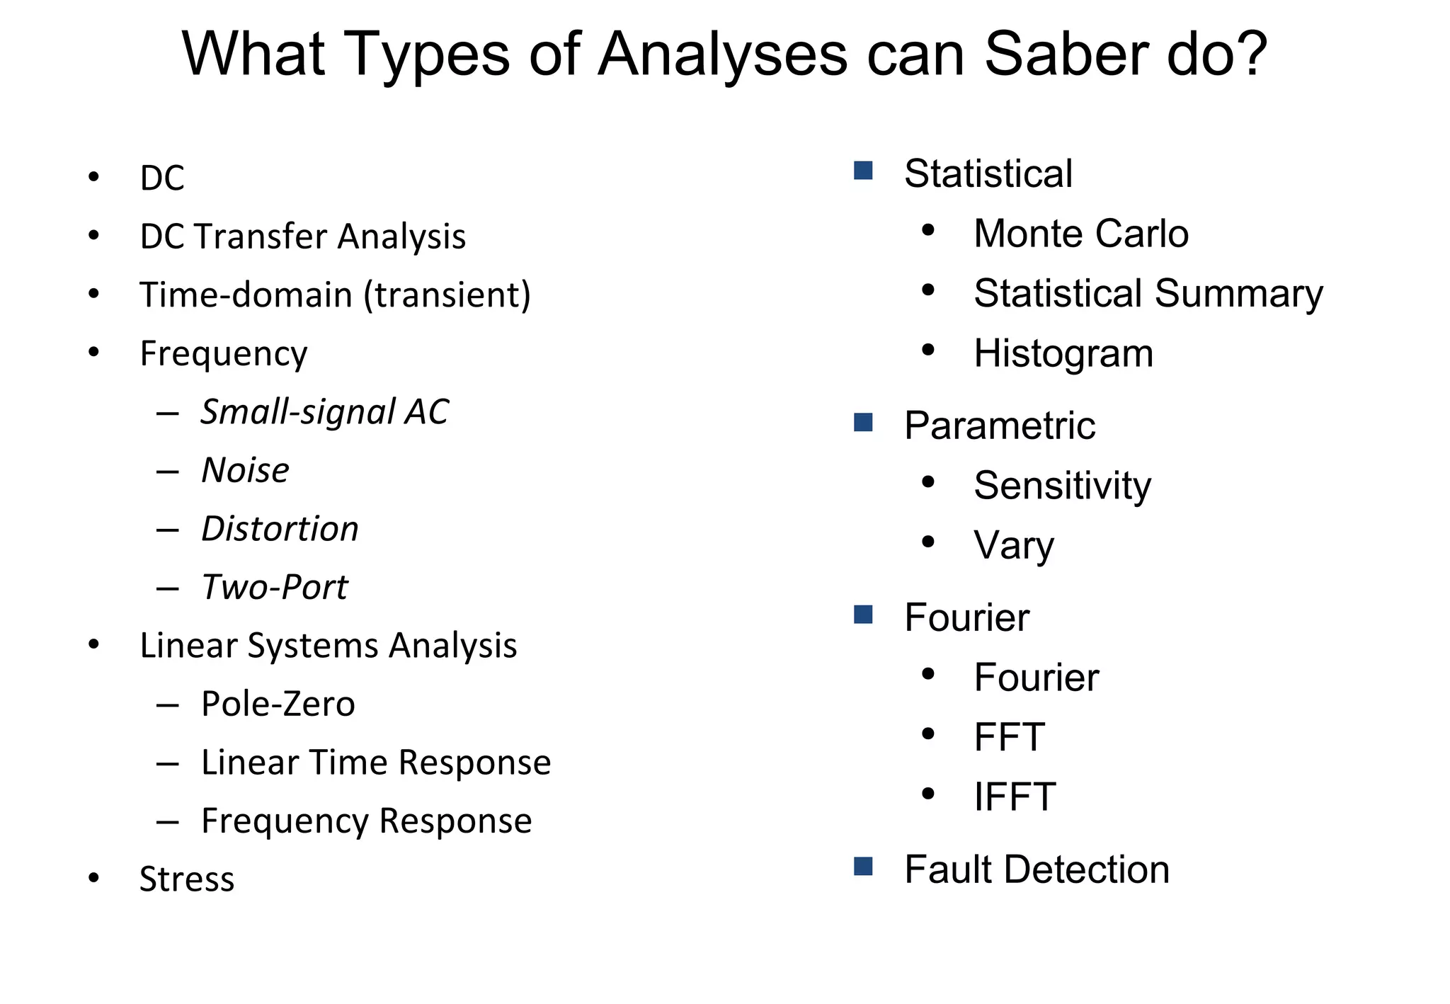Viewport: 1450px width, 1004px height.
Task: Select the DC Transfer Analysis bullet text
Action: pyautogui.click(x=303, y=236)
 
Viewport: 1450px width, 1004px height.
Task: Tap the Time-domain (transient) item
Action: pyautogui.click(x=335, y=295)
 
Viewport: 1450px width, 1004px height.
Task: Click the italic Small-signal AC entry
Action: pyautogui.click(x=324, y=412)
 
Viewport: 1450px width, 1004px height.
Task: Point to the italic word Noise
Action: pyautogui.click(x=245, y=471)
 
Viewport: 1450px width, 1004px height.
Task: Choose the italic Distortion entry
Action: pyautogui.click(x=280, y=529)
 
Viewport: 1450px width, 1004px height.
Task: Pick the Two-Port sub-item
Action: pyautogui.click(x=274, y=588)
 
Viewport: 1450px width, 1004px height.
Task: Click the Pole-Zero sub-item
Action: pyautogui.click(x=278, y=704)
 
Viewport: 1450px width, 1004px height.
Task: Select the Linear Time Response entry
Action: pyautogui.click(x=375, y=763)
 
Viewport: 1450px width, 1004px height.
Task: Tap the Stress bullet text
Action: pyautogui.click(x=187, y=879)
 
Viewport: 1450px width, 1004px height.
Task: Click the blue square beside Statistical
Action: pyautogui.click(x=863, y=171)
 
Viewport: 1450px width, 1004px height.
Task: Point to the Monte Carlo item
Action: pyautogui.click(x=1080, y=234)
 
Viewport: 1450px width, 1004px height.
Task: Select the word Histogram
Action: pyautogui.click(x=1063, y=354)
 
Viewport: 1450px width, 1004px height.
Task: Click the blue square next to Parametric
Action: pyautogui.click(x=863, y=423)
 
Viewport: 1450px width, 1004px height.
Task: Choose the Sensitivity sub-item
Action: pyautogui.click(x=1062, y=486)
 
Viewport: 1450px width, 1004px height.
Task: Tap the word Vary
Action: pyautogui.click(x=1014, y=546)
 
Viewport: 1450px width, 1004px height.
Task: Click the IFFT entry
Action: pyautogui.click(x=1015, y=797)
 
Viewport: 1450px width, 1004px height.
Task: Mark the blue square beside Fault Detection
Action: pyautogui.click(x=863, y=867)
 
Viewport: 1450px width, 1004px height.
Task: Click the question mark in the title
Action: pyautogui.click(x=1248, y=55)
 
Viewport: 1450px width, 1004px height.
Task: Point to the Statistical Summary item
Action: pyautogui.click(x=1148, y=294)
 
